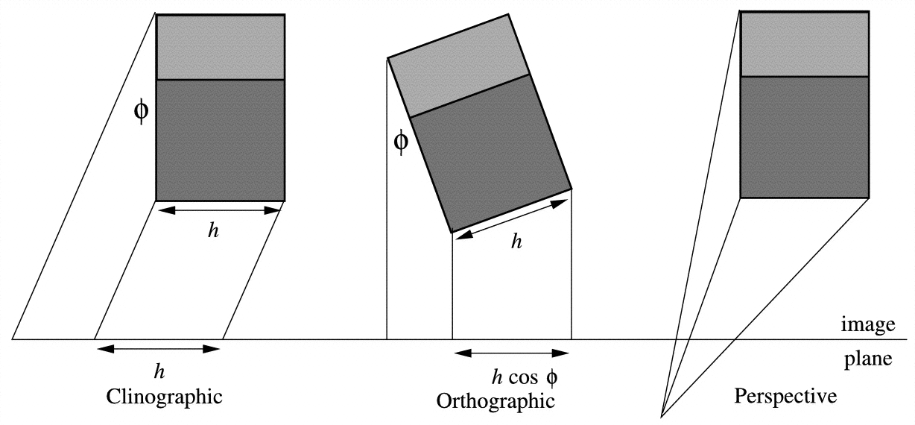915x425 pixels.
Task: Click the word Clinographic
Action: pos(165,395)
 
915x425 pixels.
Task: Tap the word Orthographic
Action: pos(496,400)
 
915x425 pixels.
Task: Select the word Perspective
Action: pos(785,395)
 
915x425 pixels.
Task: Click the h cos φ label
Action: pos(525,377)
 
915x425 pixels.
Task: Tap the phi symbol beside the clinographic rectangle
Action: pos(141,111)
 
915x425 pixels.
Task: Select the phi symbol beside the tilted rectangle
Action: pos(401,140)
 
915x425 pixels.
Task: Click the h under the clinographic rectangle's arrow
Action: pos(214,230)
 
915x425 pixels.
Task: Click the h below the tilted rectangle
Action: pos(515,243)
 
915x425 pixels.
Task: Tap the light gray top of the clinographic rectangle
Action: pos(221,46)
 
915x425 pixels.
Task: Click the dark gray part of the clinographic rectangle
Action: pos(221,139)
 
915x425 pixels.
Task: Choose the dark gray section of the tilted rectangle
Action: pos(492,154)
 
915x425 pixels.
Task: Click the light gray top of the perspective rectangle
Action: pos(805,43)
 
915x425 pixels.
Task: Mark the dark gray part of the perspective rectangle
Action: pos(805,136)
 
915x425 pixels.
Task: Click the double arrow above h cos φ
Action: pos(511,353)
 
